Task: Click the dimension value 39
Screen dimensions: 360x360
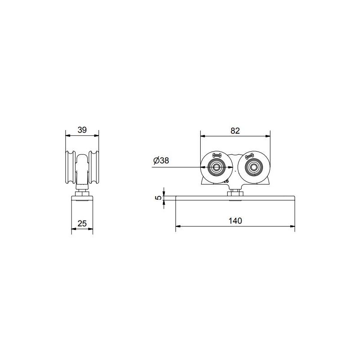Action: click(x=82, y=130)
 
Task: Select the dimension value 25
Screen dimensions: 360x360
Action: click(x=82, y=223)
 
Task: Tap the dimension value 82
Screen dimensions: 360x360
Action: click(x=235, y=130)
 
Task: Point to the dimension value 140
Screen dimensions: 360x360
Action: click(x=235, y=220)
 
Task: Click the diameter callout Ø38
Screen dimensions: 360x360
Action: click(x=161, y=161)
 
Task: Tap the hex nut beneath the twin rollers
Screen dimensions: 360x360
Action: click(x=235, y=193)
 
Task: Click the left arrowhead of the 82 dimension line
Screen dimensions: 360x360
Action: click(x=202, y=135)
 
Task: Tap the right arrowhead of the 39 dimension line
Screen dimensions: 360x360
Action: click(x=97, y=135)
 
